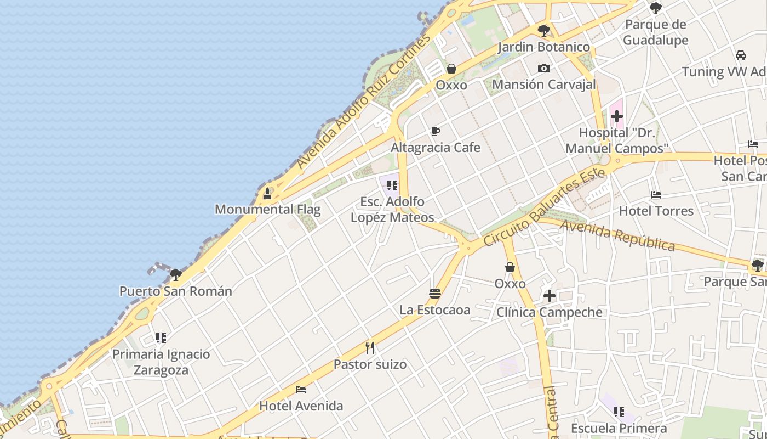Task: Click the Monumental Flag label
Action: pyautogui.click(x=267, y=209)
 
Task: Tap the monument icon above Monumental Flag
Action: pyautogui.click(x=267, y=194)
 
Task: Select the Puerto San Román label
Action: pyautogui.click(x=175, y=291)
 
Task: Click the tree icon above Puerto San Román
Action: pyautogui.click(x=175, y=274)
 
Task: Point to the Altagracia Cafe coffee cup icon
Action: pyautogui.click(x=435, y=131)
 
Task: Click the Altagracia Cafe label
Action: pyautogui.click(x=435, y=148)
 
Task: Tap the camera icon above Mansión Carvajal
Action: pyautogui.click(x=543, y=68)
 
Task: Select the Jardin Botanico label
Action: pyautogui.click(x=543, y=47)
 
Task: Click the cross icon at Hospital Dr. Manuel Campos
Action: pyautogui.click(x=617, y=116)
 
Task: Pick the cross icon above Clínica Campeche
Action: pyautogui.click(x=549, y=296)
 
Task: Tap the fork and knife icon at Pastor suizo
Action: pyautogui.click(x=370, y=347)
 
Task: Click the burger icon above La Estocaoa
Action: pyautogui.click(x=435, y=294)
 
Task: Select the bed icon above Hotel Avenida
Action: pyautogui.click(x=301, y=390)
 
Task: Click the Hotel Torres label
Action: pyautogui.click(x=656, y=211)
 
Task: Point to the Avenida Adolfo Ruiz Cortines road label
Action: pyautogui.click(x=363, y=103)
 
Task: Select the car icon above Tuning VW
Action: pyautogui.click(x=740, y=55)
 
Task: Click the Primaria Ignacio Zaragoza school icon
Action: pyautogui.click(x=161, y=337)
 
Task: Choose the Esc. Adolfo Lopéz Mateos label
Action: pyautogui.click(x=392, y=210)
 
